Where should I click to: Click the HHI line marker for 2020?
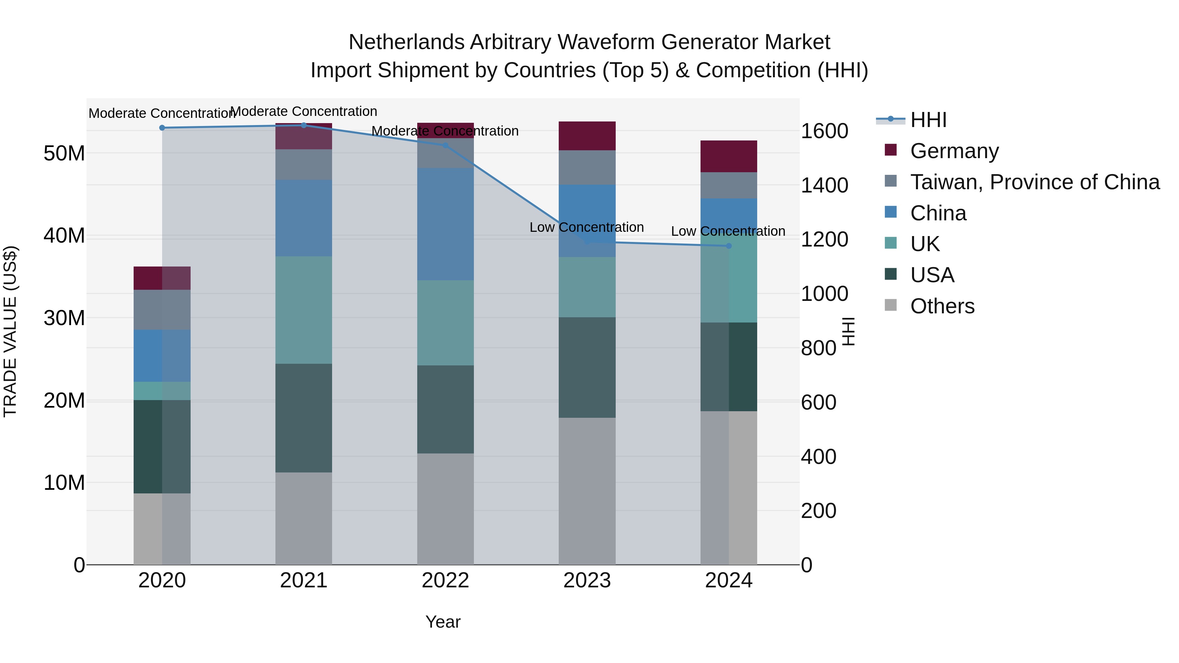162,128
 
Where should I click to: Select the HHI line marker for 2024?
729,246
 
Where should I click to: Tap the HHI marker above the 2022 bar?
445,145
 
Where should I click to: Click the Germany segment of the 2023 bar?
587,136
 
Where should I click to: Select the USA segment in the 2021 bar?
304,418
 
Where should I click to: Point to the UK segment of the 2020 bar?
162,391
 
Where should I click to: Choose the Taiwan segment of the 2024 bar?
729,185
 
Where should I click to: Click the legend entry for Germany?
954,151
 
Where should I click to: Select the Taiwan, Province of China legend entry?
1034,182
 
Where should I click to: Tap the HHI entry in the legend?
928,120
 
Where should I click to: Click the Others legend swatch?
891,305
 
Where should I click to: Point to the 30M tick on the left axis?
64,318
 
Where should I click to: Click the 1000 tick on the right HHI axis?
824,294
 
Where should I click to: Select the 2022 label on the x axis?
445,580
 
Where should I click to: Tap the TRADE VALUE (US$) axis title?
10,331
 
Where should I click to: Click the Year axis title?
442,622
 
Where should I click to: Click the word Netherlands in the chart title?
406,43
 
